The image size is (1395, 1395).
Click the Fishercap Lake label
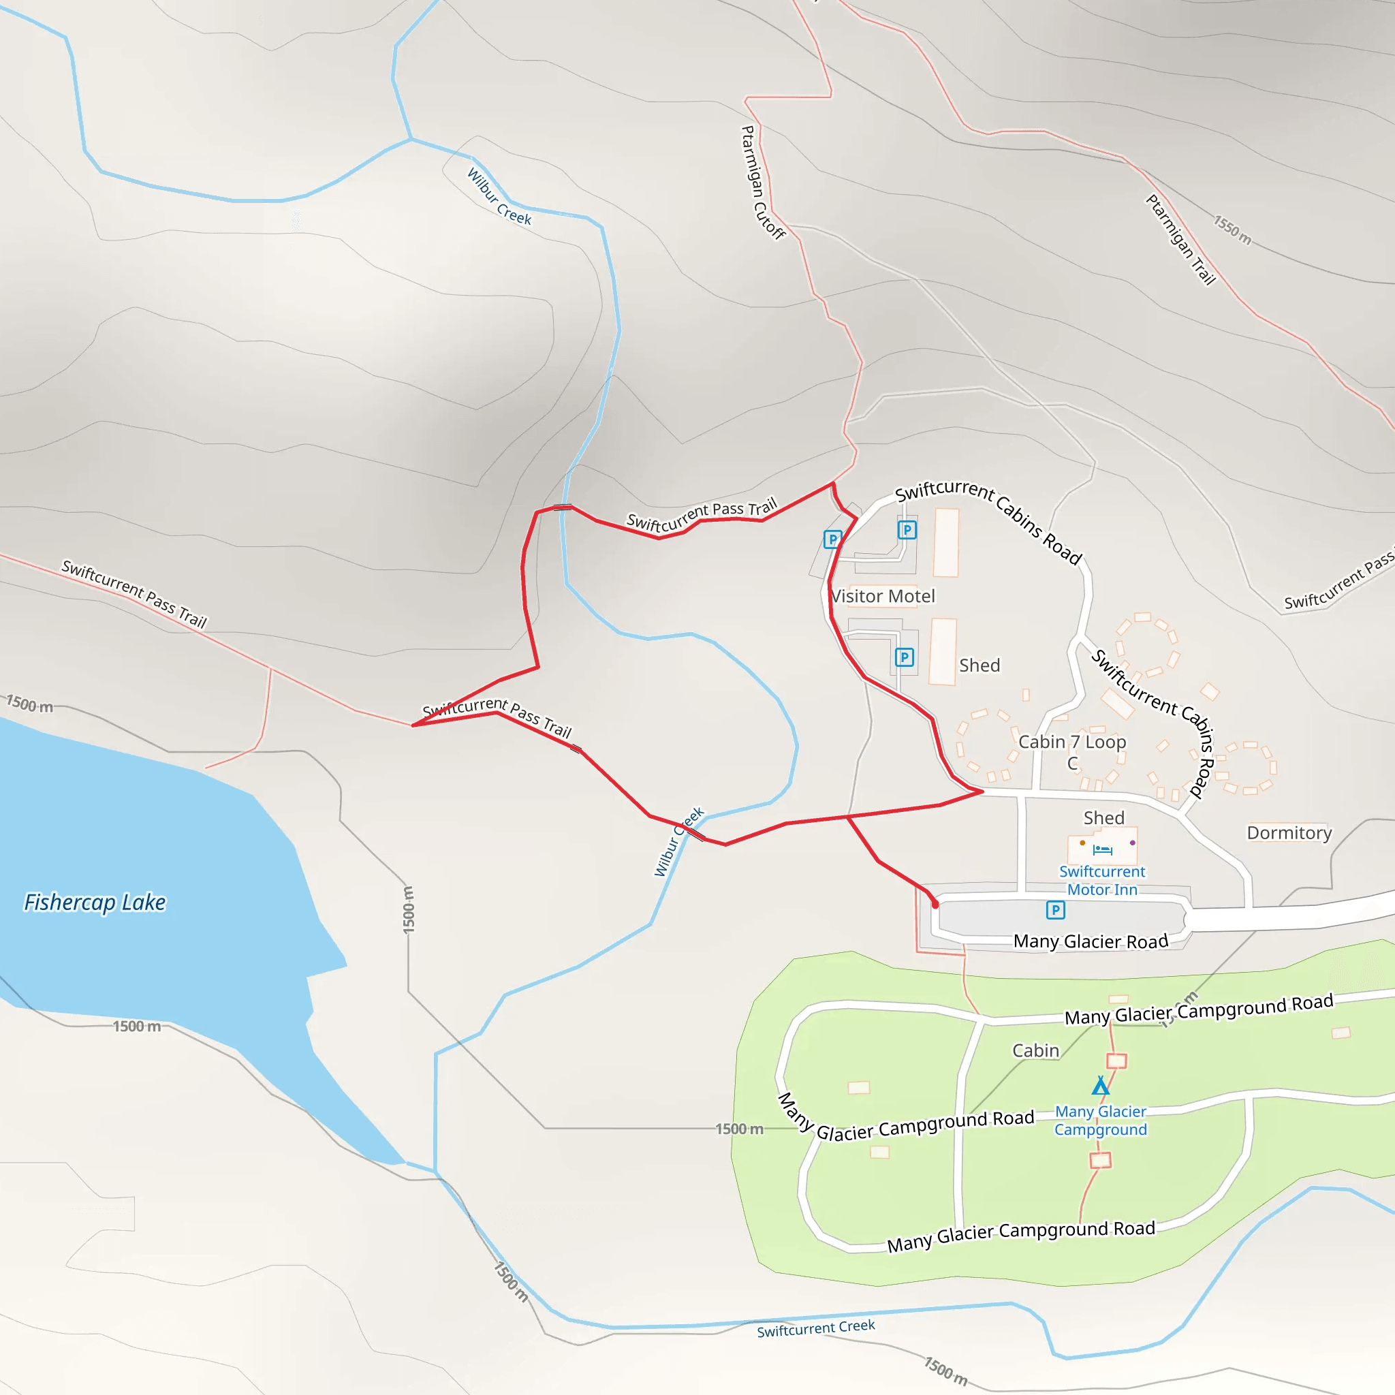[x=95, y=903]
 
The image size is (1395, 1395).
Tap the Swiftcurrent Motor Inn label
[x=1102, y=881]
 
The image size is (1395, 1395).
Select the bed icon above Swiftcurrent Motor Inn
[x=1102, y=850]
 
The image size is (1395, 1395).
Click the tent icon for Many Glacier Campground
[x=1101, y=1086]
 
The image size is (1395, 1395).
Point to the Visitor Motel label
[x=882, y=597]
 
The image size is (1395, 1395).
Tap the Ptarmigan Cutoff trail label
[x=762, y=182]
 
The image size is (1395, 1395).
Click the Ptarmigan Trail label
[x=1180, y=240]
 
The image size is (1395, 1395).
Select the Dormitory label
[x=1289, y=832]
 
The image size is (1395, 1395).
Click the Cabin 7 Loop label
[x=1071, y=742]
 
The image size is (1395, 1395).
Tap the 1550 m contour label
[x=1232, y=230]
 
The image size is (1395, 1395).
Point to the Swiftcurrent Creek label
[x=815, y=1328]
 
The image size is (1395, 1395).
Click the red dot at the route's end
[x=935, y=905]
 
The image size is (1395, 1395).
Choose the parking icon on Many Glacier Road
[x=1056, y=910]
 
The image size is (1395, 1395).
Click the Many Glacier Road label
[x=1091, y=941]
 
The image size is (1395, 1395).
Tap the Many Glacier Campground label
[x=1101, y=1120]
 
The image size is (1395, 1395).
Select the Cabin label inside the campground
[x=1035, y=1050]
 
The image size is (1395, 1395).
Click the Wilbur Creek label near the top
[x=499, y=197]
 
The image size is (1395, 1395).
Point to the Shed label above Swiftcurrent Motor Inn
[x=1103, y=817]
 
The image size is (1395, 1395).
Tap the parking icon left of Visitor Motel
[x=832, y=539]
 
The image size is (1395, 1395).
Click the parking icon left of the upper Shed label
[x=904, y=657]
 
